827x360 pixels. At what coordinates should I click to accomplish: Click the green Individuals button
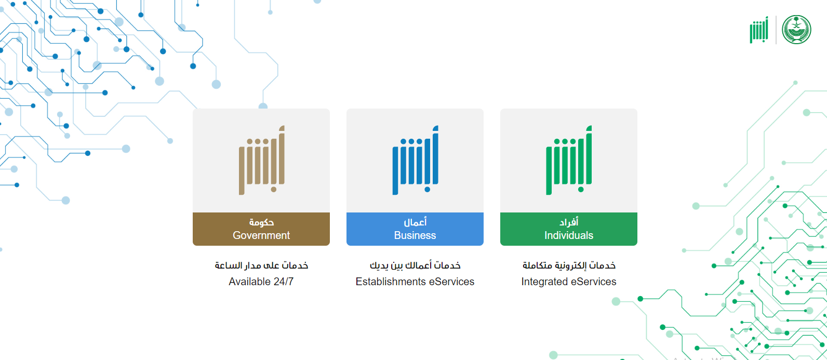568,229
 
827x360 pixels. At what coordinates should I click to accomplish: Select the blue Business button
415,229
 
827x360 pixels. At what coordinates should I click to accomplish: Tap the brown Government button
261,229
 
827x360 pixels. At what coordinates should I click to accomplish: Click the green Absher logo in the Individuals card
569,160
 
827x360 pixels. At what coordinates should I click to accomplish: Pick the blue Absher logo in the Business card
416,160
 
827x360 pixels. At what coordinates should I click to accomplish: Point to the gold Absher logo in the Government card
262,160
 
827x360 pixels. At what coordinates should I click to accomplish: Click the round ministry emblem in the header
796,30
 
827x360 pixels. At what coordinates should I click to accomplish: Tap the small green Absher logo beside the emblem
759,30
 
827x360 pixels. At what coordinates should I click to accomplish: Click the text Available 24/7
261,282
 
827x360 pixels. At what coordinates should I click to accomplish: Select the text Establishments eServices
415,282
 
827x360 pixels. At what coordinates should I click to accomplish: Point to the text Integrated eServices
568,282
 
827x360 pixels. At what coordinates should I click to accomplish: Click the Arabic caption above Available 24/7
261,265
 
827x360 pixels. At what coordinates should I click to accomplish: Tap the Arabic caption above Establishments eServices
415,265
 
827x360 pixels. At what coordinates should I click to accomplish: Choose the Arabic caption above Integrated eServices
569,265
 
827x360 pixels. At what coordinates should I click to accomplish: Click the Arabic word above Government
261,222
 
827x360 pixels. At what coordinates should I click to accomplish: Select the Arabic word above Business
415,222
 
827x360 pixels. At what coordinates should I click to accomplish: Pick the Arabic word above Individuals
568,222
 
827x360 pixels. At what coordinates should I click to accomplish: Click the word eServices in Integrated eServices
593,282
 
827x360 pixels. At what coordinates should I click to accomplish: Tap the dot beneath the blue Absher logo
427,190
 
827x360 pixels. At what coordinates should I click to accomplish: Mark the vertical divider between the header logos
776,30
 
